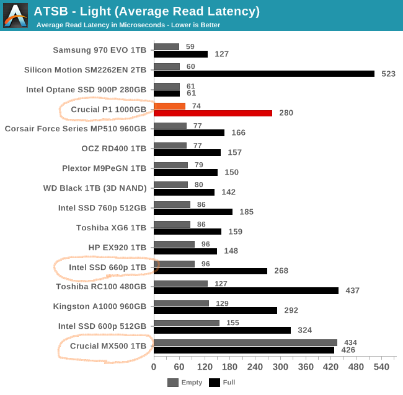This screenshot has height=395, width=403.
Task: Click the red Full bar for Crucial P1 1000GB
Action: point(213,113)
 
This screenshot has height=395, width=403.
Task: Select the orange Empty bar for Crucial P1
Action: point(169,106)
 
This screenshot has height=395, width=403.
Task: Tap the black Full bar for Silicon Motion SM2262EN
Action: point(264,73)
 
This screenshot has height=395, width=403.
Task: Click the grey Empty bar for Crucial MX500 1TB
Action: point(246,342)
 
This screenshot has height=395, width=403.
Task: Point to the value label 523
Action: point(389,74)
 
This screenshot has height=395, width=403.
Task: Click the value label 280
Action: point(286,113)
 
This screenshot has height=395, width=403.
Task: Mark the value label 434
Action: point(350,342)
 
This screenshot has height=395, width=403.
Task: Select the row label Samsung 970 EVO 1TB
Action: point(99,50)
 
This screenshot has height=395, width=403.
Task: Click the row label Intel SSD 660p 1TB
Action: point(107,267)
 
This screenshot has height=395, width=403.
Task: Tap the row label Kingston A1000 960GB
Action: point(100,306)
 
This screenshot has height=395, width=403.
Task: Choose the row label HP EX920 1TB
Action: point(117,248)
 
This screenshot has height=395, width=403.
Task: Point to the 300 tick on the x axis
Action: point(280,367)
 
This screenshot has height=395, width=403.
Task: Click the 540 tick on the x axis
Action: point(381,367)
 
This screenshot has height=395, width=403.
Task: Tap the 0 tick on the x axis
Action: point(154,367)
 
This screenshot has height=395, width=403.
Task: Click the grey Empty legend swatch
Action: point(173,382)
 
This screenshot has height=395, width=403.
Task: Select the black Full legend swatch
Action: point(215,382)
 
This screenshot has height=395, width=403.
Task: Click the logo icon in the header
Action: point(15,15)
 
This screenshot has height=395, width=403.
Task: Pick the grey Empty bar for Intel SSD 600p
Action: point(187,323)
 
